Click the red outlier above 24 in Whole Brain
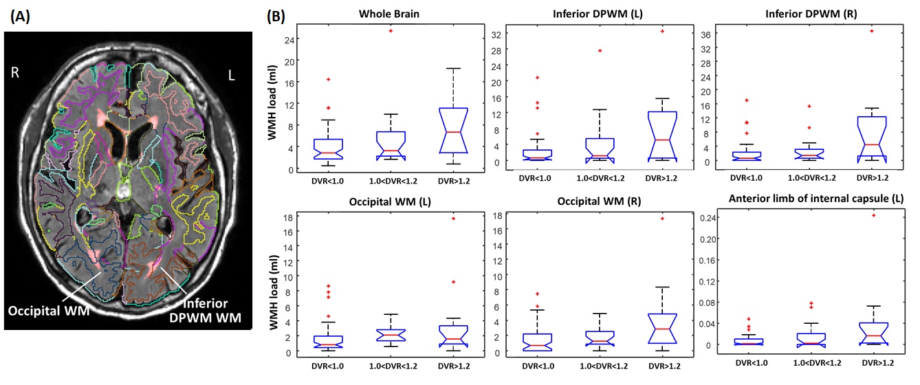pos(391,31)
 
